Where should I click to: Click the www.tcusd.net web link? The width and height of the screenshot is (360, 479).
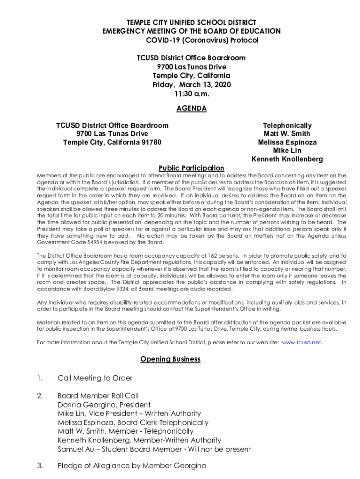tap(302, 342)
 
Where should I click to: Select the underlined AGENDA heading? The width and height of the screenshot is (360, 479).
tap(191, 109)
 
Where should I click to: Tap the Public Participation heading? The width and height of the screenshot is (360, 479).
tap(191, 168)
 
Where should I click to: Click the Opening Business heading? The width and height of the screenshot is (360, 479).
tap(170, 359)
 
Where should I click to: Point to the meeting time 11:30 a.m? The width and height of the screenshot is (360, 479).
tap(191, 94)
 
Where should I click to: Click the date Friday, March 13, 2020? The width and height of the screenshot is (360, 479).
tap(191, 85)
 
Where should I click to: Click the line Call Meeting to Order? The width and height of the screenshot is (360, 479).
tap(95, 378)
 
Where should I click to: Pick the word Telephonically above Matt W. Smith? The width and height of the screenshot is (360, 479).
tap(287, 126)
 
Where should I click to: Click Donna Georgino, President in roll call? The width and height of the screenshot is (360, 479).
tap(104, 405)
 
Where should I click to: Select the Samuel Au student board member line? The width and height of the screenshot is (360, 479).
tap(154, 450)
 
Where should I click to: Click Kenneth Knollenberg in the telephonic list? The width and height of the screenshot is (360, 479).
tap(287, 160)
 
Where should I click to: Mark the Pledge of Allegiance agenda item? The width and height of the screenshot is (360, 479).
tap(132, 466)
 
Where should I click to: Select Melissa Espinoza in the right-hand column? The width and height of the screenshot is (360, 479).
tap(287, 142)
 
